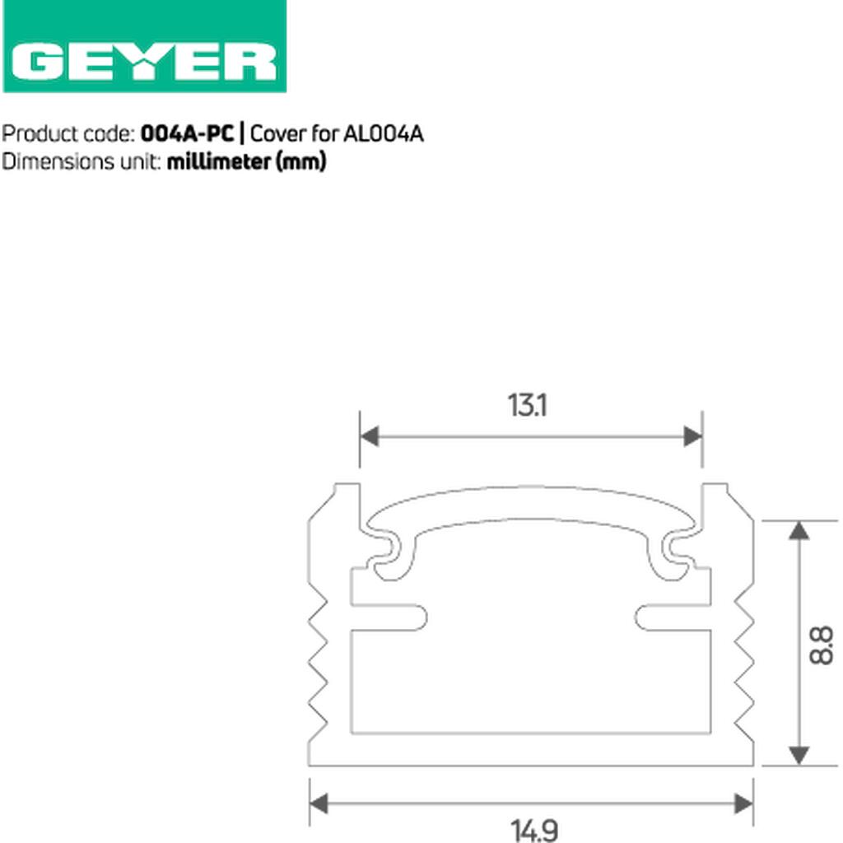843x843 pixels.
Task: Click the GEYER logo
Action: [145, 46]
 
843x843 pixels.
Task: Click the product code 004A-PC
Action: [187, 133]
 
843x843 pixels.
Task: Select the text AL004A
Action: [383, 133]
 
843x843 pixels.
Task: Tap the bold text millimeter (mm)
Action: [247, 161]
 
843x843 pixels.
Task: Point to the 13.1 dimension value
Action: [528, 405]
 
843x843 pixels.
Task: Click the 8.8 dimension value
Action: [821, 645]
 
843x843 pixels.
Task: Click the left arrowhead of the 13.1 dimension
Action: [370, 436]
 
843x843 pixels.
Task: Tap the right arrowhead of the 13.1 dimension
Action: [692, 436]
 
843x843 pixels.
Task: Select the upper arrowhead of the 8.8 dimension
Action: [799, 531]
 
